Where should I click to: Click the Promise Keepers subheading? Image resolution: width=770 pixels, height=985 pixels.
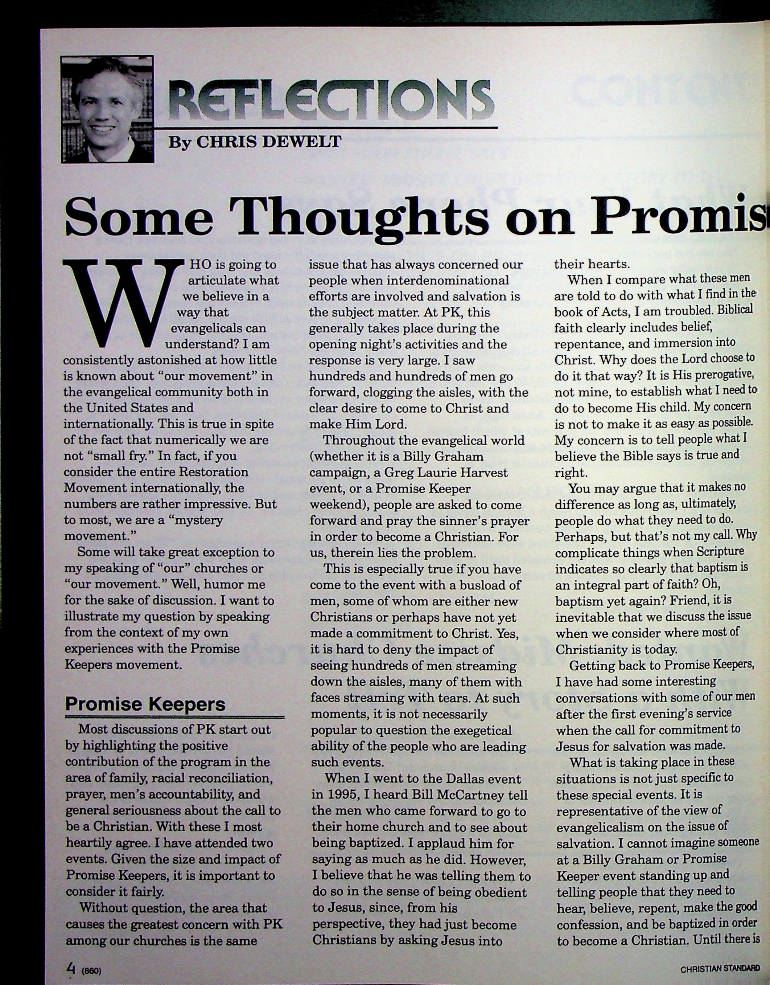[x=145, y=704]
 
